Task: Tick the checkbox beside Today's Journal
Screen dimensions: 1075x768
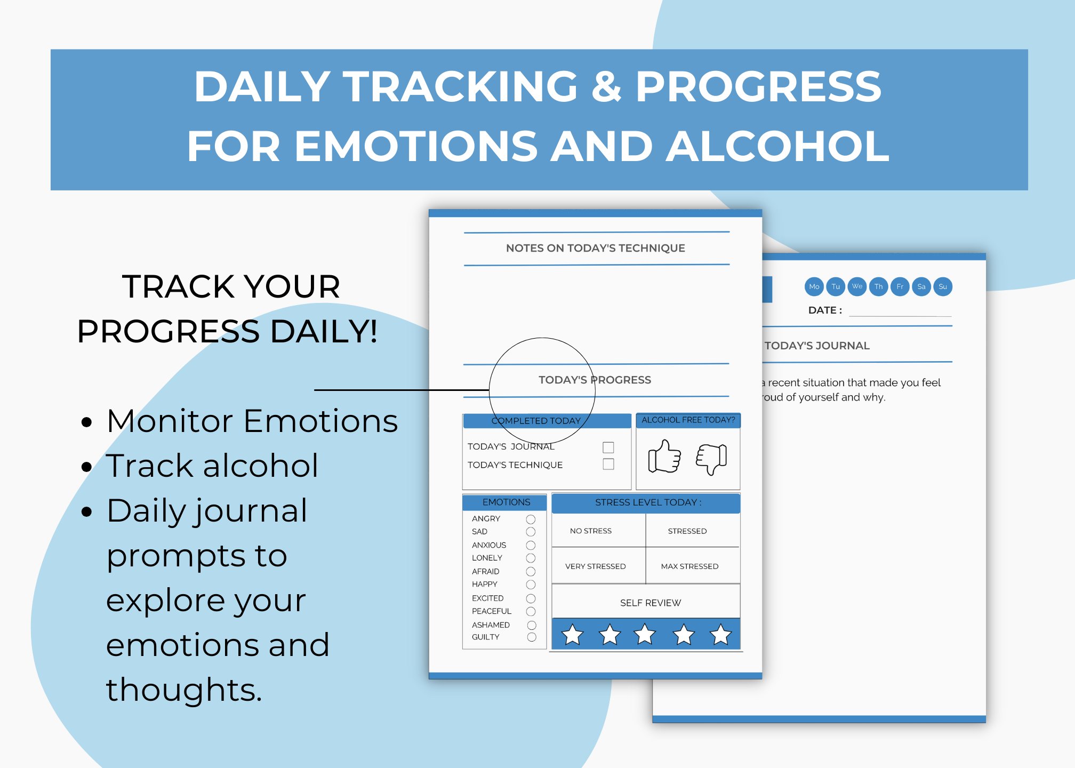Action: (608, 447)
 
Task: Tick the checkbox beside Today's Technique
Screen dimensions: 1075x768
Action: (608, 464)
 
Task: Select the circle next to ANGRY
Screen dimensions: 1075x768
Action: (531, 519)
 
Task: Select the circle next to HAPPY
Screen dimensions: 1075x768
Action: (531, 585)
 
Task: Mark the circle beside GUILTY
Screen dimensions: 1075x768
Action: (532, 637)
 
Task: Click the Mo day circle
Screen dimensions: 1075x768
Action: (814, 286)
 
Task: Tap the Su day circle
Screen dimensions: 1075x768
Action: (943, 286)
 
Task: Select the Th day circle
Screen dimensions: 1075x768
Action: (879, 286)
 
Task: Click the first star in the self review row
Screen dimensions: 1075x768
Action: (573, 635)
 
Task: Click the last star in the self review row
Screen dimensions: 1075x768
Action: (721, 635)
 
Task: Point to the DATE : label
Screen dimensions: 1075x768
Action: (825, 310)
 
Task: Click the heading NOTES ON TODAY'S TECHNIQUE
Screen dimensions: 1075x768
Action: (596, 248)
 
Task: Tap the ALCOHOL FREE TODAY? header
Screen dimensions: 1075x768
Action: (688, 420)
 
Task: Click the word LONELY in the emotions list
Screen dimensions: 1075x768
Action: (487, 558)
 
